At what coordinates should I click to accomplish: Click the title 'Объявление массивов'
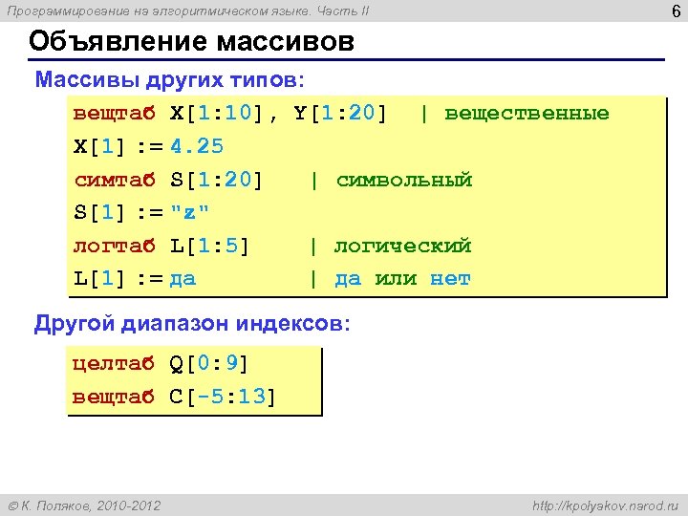[x=191, y=43]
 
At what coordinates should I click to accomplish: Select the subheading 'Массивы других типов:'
[x=170, y=78]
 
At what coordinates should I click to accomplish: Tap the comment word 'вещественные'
[x=527, y=114]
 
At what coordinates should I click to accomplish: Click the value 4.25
[x=197, y=147]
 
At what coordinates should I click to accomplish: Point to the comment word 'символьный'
[x=404, y=181]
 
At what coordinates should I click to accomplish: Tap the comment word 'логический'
[x=402, y=247]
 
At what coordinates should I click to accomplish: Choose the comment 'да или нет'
[x=402, y=280]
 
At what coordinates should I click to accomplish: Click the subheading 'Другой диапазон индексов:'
[x=192, y=324]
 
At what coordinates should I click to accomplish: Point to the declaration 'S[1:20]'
[x=217, y=181]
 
